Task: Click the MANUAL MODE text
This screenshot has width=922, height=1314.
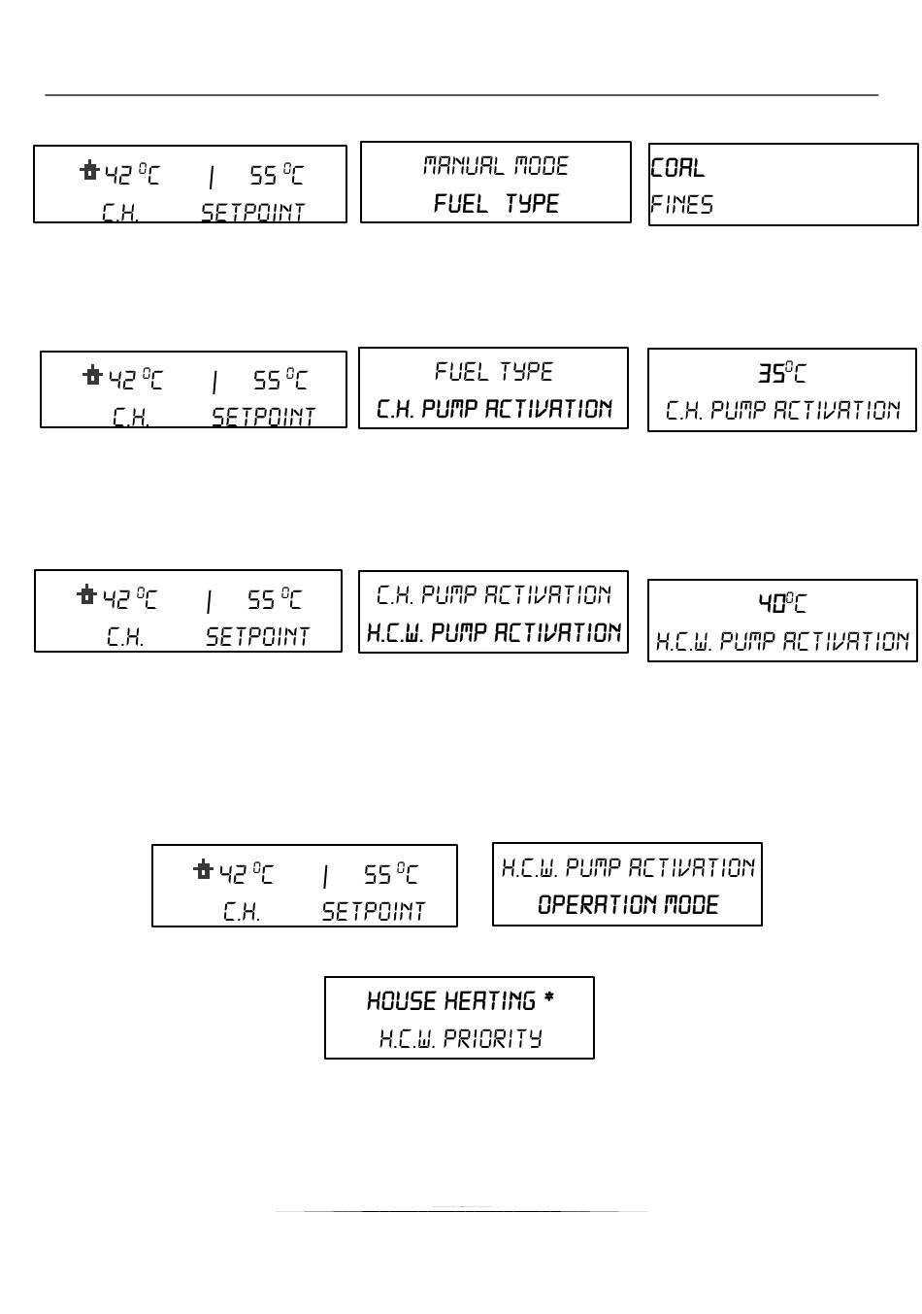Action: (x=495, y=166)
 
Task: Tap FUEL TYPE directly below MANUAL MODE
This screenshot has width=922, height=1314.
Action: (x=496, y=204)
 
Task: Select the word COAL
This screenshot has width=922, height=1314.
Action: (x=677, y=168)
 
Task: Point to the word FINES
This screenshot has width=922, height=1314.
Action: (x=681, y=205)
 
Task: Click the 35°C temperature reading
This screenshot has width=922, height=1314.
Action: (x=781, y=373)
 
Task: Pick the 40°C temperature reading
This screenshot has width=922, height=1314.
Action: (x=781, y=604)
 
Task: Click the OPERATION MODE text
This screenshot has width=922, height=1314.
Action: (x=628, y=905)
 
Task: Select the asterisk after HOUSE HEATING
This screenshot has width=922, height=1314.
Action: (x=549, y=999)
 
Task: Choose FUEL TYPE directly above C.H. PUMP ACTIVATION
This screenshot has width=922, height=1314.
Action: (x=493, y=372)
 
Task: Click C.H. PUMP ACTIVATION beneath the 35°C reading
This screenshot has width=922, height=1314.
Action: (x=782, y=411)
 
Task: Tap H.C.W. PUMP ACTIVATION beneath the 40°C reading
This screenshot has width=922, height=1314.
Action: (x=782, y=642)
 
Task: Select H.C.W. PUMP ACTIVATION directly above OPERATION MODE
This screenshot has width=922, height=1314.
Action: (x=627, y=867)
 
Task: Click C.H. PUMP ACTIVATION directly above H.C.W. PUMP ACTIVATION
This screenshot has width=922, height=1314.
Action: (x=493, y=594)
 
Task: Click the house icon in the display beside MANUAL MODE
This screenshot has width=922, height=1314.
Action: (x=89, y=173)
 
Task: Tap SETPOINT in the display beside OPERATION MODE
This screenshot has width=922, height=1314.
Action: (x=373, y=912)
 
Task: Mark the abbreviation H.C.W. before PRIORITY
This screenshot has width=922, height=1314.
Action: (x=406, y=1039)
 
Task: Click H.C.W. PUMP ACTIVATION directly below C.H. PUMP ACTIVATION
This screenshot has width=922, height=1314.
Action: (x=493, y=633)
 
